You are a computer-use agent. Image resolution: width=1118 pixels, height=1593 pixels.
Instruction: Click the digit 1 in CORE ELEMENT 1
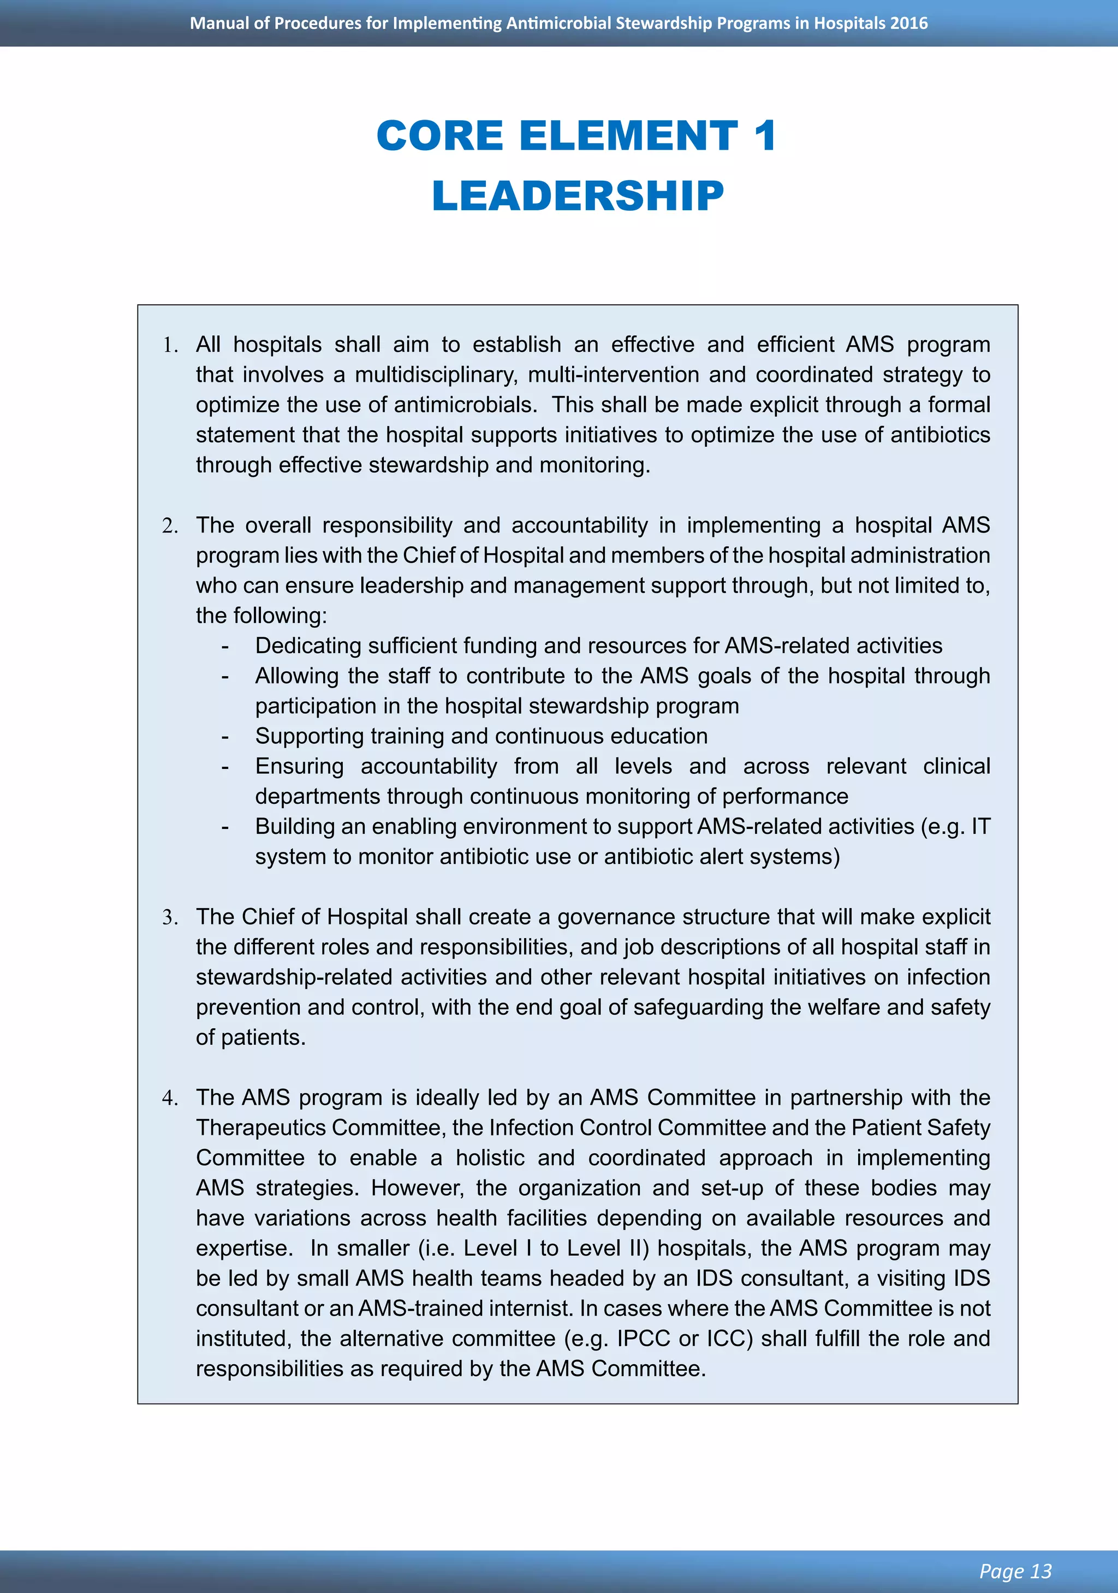coord(764,135)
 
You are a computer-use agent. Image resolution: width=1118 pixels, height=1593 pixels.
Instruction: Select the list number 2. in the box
coord(171,526)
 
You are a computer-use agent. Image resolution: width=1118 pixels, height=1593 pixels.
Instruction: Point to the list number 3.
coord(171,918)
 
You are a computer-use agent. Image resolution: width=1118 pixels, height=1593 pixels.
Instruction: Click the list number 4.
coord(171,1098)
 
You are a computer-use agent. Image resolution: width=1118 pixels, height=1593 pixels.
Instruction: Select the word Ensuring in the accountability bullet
coord(299,766)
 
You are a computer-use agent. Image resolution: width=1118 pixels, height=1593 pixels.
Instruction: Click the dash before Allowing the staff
coord(225,677)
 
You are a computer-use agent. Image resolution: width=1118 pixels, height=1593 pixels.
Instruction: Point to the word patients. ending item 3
coord(264,1038)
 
